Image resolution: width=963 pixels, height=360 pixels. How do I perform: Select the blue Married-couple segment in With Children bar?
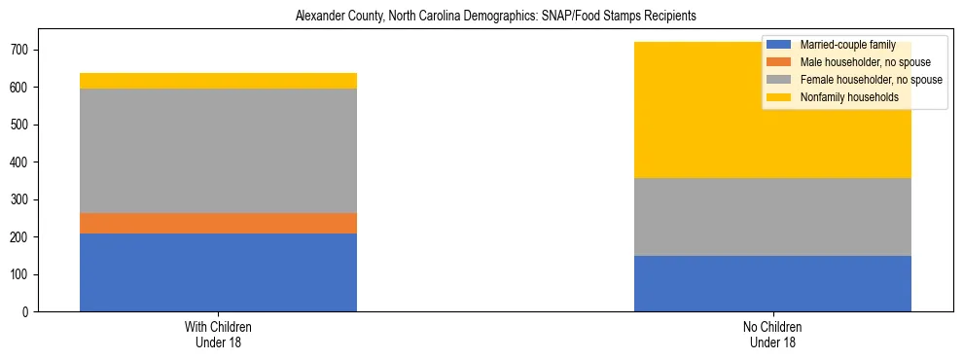pyautogui.click(x=218, y=272)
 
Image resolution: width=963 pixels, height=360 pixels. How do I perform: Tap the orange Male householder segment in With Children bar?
pyautogui.click(x=218, y=224)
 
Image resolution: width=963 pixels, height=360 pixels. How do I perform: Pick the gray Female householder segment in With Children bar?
pyautogui.click(x=218, y=151)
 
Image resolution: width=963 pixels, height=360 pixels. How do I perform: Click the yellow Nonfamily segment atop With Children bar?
pyautogui.click(x=218, y=81)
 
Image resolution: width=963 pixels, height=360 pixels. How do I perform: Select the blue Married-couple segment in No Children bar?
pyautogui.click(x=772, y=283)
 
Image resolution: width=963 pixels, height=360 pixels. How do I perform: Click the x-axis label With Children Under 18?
pyautogui.click(x=218, y=335)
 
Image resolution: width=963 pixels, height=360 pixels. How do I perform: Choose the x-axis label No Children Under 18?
pyautogui.click(x=772, y=335)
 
